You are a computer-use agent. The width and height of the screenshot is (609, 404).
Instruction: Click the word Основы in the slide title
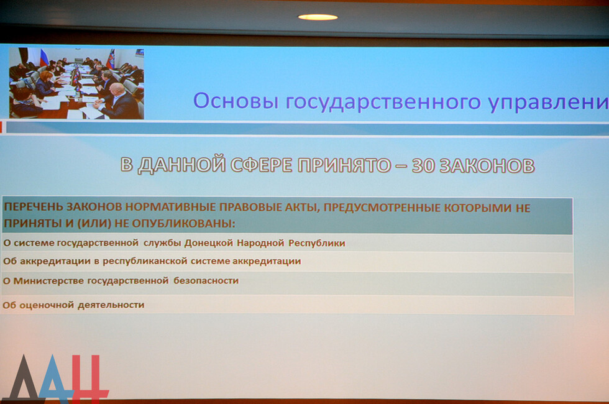click(236, 101)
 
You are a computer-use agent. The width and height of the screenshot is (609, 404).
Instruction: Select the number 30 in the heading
click(423, 165)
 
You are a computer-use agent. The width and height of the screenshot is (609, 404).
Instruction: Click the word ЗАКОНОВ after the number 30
click(487, 166)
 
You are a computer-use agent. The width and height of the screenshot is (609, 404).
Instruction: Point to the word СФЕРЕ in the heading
click(262, 165)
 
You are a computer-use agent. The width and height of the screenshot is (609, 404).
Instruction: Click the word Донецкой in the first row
click(209, 243)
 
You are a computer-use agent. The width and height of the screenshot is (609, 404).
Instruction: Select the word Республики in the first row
click(316, 243)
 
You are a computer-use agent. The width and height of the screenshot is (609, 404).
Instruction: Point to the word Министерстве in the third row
click(48, 280)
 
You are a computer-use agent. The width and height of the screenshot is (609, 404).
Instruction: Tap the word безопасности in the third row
click(206, 280)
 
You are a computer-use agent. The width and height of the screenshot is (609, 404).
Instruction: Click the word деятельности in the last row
click(111, 305)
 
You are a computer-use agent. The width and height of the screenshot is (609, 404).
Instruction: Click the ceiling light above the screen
click(318, 17)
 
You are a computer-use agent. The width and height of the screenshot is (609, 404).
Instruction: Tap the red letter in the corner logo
click(89, 378)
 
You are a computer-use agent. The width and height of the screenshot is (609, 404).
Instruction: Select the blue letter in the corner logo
click(57, 379)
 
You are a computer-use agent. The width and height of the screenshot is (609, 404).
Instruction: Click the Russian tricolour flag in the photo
click(43, 57)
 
